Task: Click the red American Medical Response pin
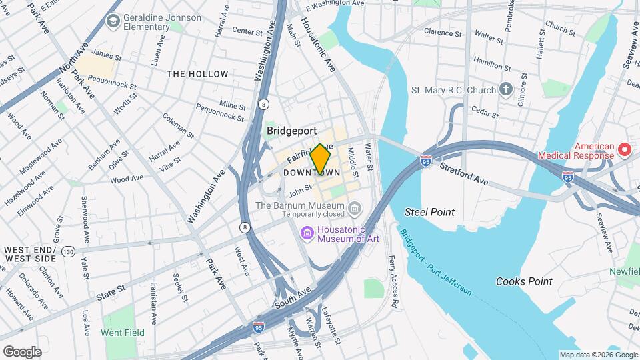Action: (625, 149)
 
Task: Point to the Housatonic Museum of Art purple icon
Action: (307, 233)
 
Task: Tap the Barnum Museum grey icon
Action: (355, 210)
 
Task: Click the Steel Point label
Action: (429, 212)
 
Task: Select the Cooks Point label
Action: (523, 281)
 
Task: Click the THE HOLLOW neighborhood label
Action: (197, 74)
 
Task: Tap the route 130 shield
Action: (68, 251)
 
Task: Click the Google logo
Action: (22, 351)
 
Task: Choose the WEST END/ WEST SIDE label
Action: (30, 253)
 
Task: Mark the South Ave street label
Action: (293, 299)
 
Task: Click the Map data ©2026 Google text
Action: (598, 355)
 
